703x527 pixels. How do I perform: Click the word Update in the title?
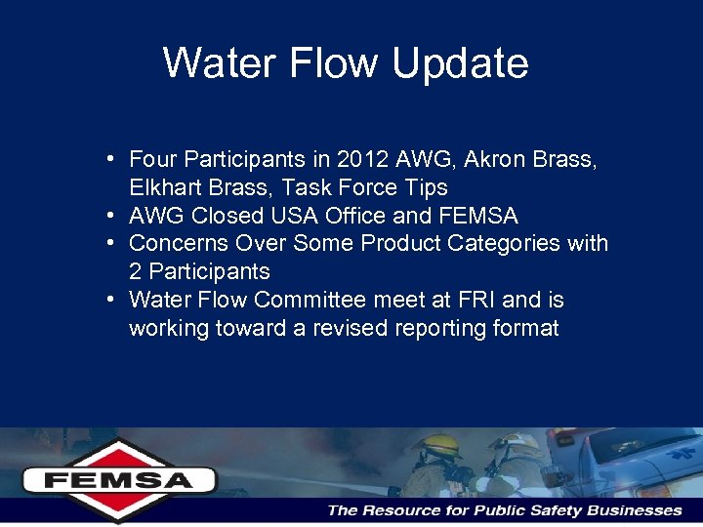tap(460, 63)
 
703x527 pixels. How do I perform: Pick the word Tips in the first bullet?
tap(426, 187)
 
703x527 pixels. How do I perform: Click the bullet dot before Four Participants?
tap(114, 158)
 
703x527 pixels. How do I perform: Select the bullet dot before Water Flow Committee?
tap(114, 299)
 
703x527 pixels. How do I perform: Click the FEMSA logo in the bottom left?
tap(119, 479)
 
